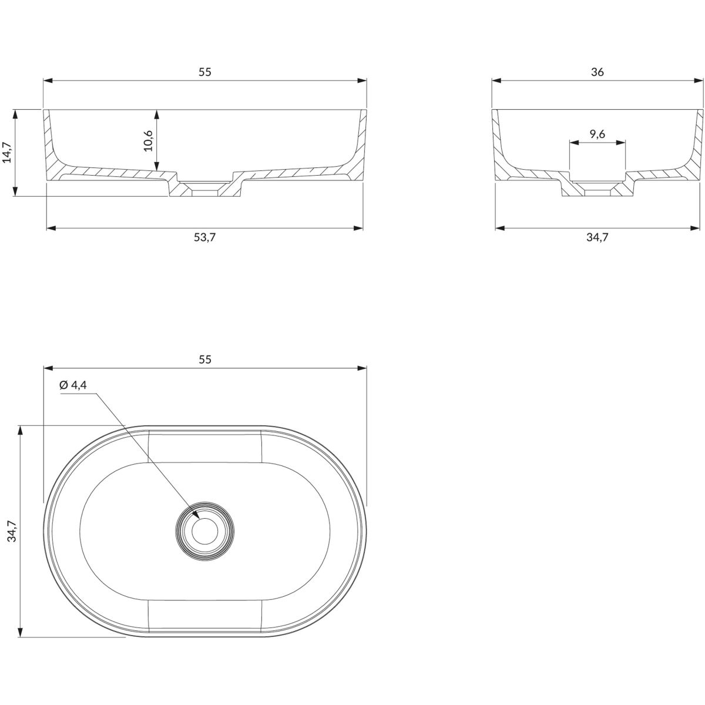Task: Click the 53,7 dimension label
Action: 205,237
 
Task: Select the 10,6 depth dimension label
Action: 148,140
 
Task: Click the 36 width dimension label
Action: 597,72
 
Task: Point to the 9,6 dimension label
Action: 597,135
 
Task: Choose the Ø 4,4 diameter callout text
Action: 73,385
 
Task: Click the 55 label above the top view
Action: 205,360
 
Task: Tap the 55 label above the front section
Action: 205,72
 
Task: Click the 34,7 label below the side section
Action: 597,237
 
